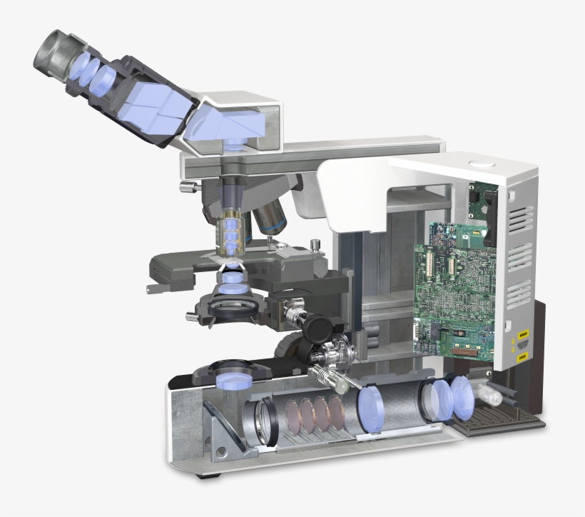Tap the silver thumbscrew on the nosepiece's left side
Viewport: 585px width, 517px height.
pyautogui.click(x=188, y=188)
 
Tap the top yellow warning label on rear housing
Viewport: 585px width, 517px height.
pyautogui.click(x=522, y=333)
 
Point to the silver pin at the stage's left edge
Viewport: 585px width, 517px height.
pyautogui.click(x=150, y=289)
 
